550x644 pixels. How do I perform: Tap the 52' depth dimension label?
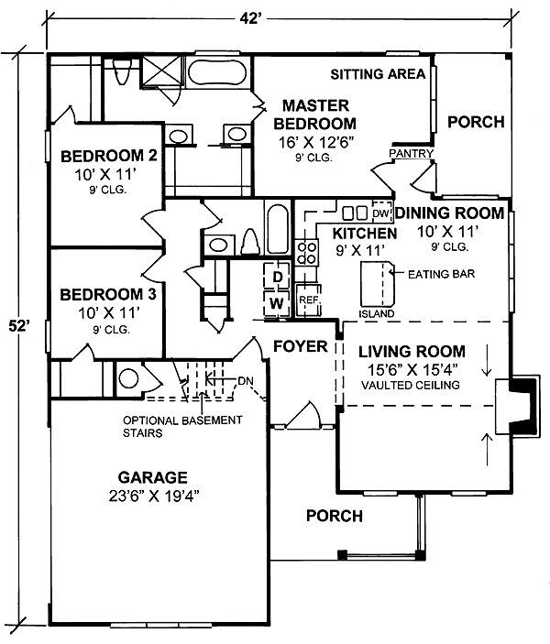pyautogui.click(x=20, y=327)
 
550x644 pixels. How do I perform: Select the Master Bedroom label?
pyautogui.click(x=315, y=115)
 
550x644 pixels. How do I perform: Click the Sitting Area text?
pyautogui.click(x=378, y=74)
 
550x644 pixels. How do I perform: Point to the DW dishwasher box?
pyautogui.click(x=382, y=213)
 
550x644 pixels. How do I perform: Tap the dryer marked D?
pyautogui.click(x=277, y=277)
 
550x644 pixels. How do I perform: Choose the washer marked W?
pyautogui.click(x=277, y=303)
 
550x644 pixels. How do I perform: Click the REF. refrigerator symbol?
pyautogui.click(x=308, y=300)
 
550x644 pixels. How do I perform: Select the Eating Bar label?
pyautogui.click(x=442, y=274)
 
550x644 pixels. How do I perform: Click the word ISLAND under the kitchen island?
pyautogui.click(x=377, y=314)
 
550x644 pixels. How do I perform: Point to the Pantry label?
pyautogui.click(x=411, y=153)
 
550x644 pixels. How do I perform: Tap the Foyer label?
pyautogui.click(x=301, y=346)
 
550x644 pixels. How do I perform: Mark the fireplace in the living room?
pyautogui.click(x=517, y=406)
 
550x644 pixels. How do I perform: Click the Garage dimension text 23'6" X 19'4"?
pyautogui.click(x=153, y=497)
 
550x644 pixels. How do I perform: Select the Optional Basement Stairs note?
pyautogui.click(x=182, y=426)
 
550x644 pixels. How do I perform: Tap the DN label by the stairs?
pyautogui.click(x=246, y=381)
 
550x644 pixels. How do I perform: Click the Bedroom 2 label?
pyautogui.click(x=109, y=156)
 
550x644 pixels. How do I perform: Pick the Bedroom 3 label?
pyautogui.click(x=108, y=294)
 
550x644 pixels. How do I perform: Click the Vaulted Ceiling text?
pyautogui.click(x=411, y=386)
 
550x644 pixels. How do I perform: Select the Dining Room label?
pyautogui.click(x=450, y=213)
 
